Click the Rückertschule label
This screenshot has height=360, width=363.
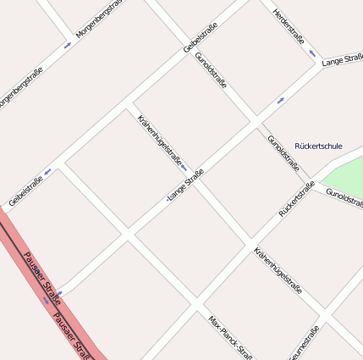pos(318,146)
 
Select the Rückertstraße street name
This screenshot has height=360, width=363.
pos(296,198)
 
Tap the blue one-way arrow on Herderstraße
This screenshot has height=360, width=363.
pos(312,53)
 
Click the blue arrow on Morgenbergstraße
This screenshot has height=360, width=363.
pos(68,45)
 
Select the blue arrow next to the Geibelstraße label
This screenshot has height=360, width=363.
pos(47,171)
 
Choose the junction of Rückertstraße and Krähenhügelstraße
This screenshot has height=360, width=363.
pos(249,239)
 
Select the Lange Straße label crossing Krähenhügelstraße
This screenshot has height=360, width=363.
pos(186,186)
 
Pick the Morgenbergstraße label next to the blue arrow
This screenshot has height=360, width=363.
pos(99,19)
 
